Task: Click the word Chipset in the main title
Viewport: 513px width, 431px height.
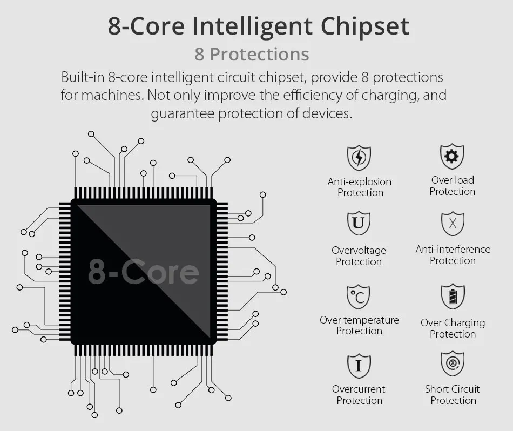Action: (365, 26)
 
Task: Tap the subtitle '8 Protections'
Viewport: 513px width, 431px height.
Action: (252, 55)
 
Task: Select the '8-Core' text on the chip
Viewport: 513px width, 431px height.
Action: (143, 271)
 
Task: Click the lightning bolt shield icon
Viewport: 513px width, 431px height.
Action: (359, 158)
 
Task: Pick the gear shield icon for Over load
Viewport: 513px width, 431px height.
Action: (452, 156)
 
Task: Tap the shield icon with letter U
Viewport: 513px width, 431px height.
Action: (359, 223)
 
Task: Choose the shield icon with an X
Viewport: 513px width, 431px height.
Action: (453, 224)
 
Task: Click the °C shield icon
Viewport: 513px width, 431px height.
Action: (358, 297)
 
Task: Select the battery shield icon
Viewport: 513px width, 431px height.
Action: (453, 297)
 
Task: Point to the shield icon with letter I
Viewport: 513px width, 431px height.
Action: (359, 366)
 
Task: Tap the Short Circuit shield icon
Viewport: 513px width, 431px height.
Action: (453, 363)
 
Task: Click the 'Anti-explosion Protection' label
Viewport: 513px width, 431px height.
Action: (360, 187)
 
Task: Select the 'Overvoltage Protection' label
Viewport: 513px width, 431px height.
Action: (359, 256)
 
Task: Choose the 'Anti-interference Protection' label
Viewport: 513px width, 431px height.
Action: (453, 255)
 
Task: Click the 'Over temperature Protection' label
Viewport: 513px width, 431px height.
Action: (359, 325)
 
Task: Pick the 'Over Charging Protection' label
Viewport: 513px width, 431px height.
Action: (453, 328)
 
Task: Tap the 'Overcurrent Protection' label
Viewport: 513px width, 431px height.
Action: (359, 395)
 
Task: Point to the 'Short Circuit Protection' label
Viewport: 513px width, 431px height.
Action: (453, 395)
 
